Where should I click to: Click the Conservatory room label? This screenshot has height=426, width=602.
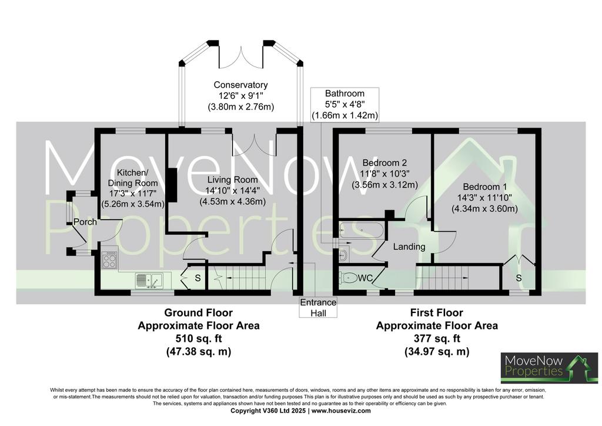(x=240, y=85)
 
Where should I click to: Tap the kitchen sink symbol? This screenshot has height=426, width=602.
(x=149, y=280)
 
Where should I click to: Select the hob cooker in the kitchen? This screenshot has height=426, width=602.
(x=109, y=259)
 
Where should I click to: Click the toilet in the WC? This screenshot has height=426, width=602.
(x=348, y=277)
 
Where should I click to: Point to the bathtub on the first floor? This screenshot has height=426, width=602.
(x=360, y=230)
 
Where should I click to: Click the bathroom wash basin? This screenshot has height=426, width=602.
(x=343, y=255)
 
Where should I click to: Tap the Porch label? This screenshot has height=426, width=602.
(x=85, y=222)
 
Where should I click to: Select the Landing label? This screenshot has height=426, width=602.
(x=409, y=247)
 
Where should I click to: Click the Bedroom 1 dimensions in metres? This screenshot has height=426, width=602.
(x=484, y=209)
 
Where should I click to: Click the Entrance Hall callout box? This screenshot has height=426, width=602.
(x=318, y=307)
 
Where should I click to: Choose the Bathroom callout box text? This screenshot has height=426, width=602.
(x=345, y=104)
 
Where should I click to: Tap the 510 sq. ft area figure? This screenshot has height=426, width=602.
(x=199, y=339)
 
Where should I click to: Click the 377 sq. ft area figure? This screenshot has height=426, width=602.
(x=437, y=339)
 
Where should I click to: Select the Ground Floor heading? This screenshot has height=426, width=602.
(x=199, y=312)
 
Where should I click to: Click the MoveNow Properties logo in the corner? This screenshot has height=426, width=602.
(x=549, y=367)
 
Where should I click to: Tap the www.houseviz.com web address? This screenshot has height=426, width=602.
(x=341, y=411)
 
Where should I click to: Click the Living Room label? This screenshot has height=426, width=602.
(x=233, y=180)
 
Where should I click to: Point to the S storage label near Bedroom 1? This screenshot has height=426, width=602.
(x=519, y=278)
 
